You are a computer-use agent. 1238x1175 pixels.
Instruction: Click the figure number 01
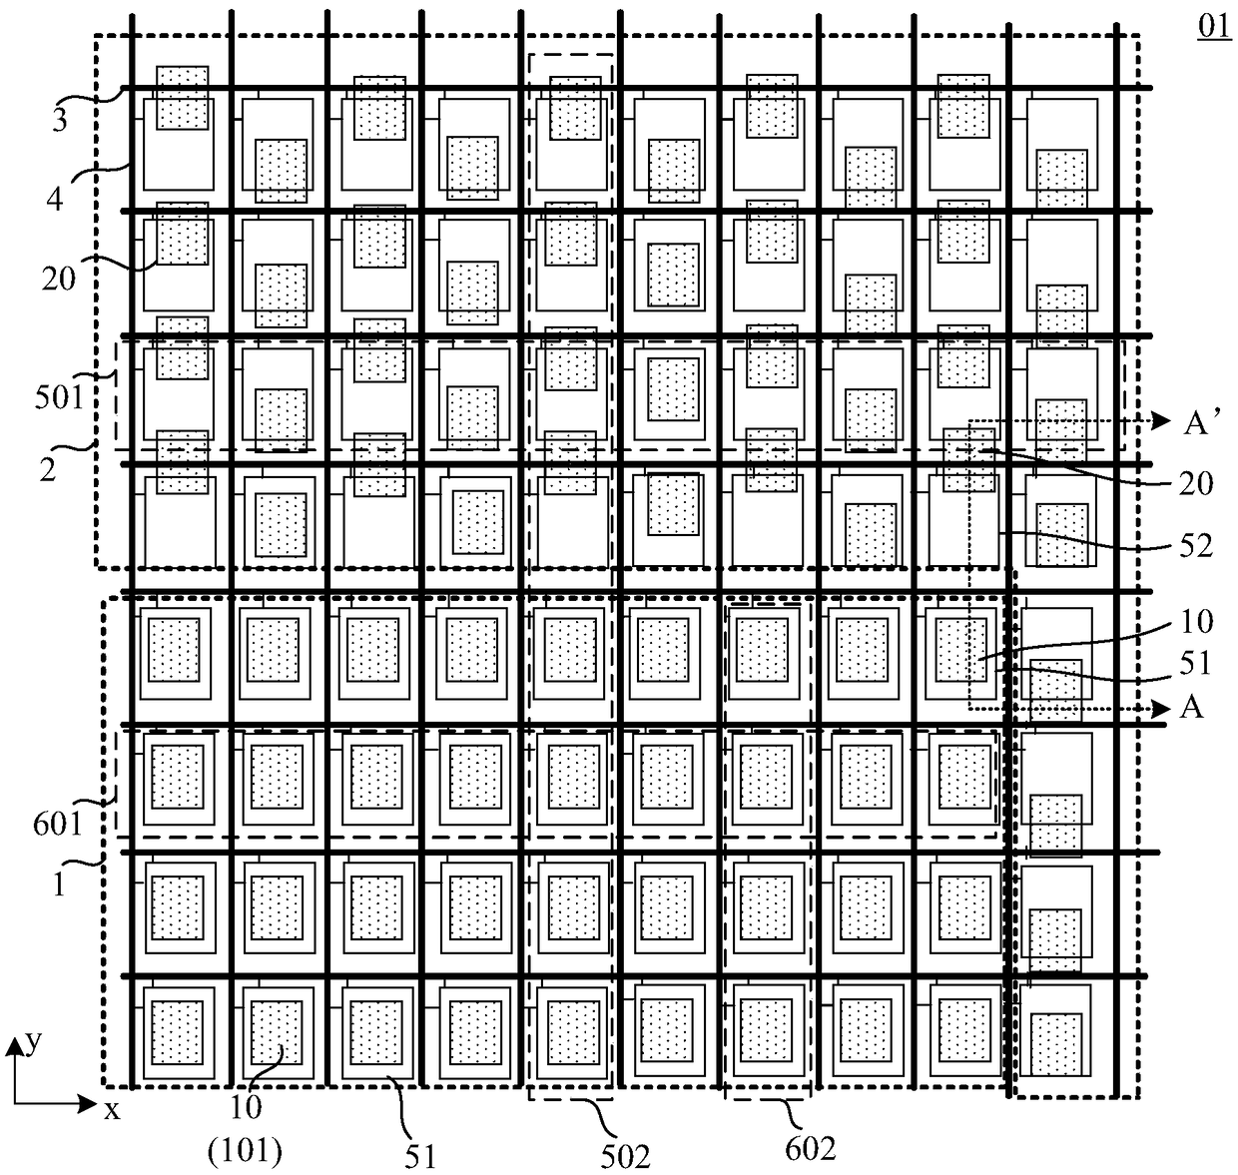pos(1213,27)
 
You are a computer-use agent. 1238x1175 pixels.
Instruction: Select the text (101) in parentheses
pos(246,1153)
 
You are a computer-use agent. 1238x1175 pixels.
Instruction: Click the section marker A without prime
pos(1191,708)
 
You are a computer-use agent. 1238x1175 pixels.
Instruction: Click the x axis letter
pos(112,1108)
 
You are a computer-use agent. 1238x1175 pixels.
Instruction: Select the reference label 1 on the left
pos(58,884)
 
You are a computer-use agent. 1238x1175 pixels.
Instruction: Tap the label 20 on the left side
pos(59,279)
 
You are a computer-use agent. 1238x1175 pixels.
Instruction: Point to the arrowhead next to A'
pos(1160,421)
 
